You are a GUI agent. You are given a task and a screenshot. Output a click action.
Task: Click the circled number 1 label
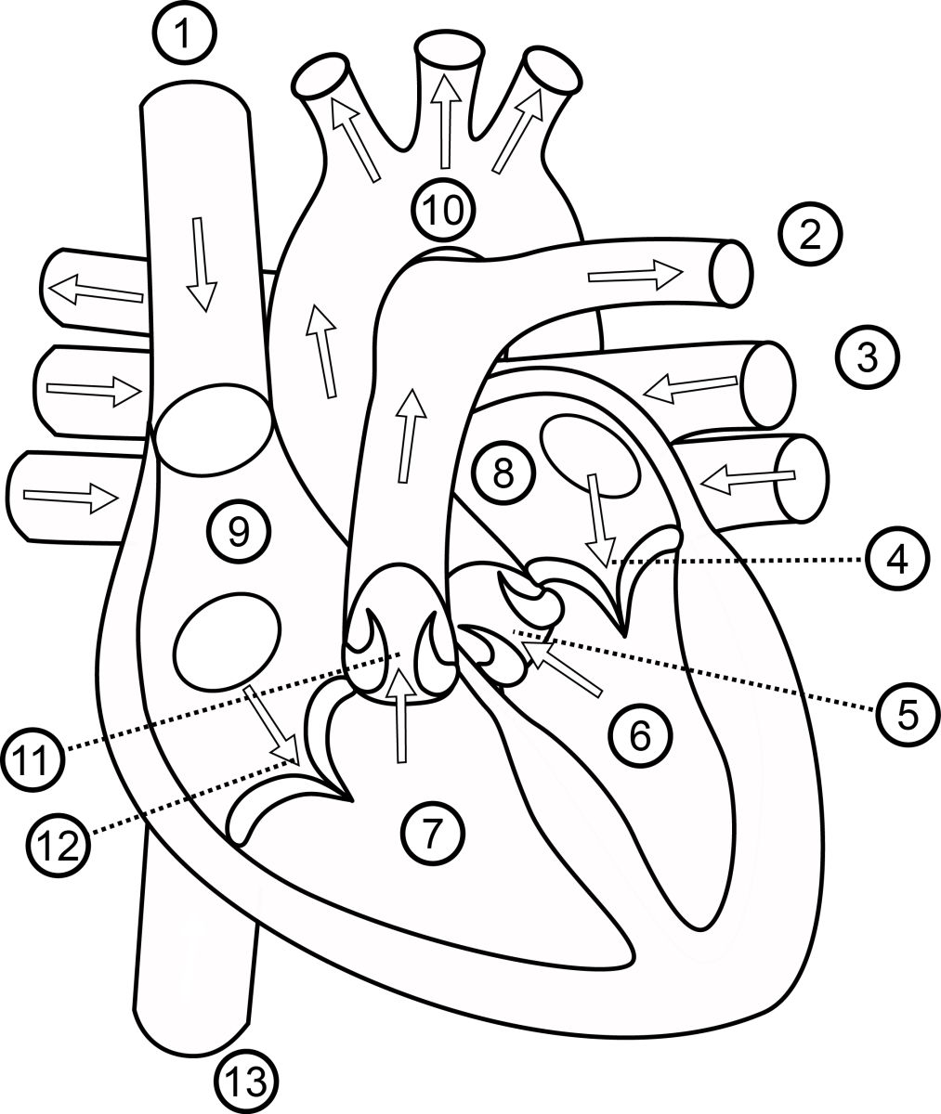click(186, 35)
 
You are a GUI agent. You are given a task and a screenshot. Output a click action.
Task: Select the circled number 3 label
click(867, 357)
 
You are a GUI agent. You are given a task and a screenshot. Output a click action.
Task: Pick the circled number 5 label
click(908, 714)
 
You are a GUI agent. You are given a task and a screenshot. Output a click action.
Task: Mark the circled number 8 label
click(503, 473)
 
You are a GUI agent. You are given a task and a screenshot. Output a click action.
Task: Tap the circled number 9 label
click(238, 531)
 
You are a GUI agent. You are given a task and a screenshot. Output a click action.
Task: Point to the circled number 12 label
click(59, 847)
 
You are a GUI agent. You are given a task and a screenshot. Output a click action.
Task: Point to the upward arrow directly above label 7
click(400, 715)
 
